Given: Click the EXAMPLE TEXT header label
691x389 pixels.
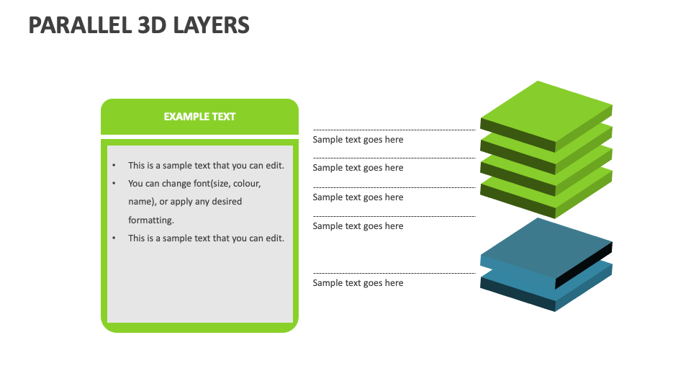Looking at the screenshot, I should click(199, 117).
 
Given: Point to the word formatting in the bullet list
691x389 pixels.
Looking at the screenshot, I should click(151, 220).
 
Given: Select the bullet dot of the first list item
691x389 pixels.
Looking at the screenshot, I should click(114, 166).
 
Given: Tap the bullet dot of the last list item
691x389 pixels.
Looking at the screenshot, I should click(114, 238).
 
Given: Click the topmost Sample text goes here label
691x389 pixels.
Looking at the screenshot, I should click(358, 140).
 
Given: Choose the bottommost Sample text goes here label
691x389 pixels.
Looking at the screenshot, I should click(358, 283).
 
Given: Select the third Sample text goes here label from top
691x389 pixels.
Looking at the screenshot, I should click(358, 197).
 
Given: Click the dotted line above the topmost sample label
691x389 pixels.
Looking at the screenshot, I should click(394, 130).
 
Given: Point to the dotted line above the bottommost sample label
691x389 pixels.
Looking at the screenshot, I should click(394, 273).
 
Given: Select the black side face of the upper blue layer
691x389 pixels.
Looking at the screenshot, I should click(584, 264).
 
